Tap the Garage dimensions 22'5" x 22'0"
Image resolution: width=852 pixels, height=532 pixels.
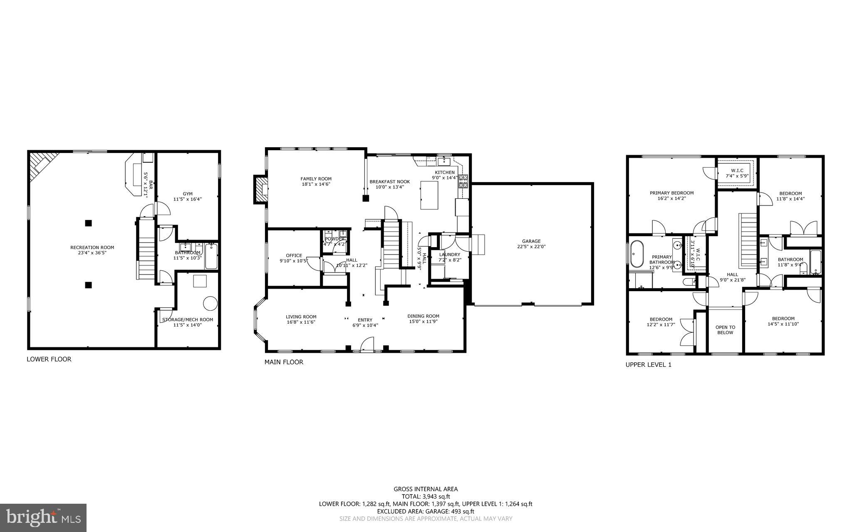point(531,247)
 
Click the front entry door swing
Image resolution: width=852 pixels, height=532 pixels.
point(368,344)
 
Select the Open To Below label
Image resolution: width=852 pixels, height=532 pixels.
point(725,330)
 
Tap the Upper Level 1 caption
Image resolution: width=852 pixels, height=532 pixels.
point(649,365)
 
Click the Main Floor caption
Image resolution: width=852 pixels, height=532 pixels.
point(284,362)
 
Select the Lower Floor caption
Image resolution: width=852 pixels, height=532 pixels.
point(49,359)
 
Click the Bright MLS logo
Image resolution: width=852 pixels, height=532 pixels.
point(43,517)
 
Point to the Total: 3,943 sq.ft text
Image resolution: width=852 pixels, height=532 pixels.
point(426,496)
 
